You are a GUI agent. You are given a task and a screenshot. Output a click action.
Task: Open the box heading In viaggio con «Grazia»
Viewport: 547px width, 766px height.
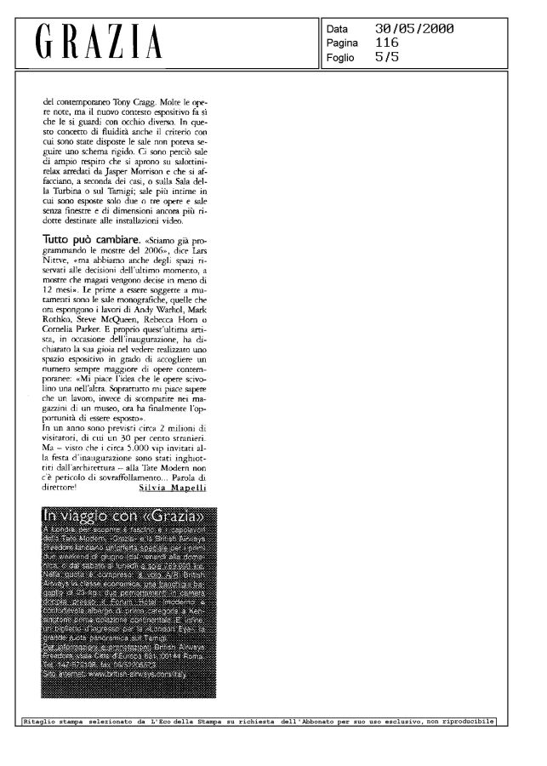[x=128, y=517]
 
